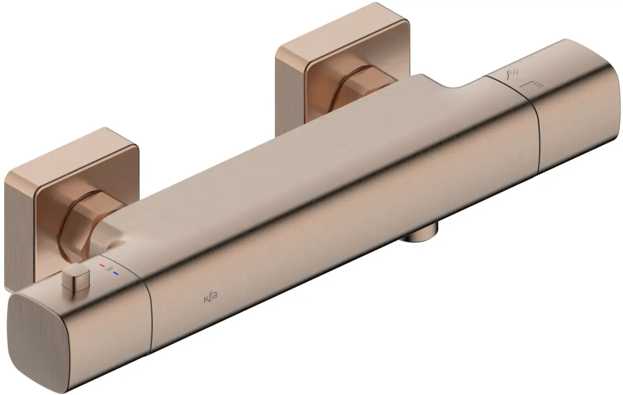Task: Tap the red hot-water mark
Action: [102, 266]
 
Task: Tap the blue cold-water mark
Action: [115, 272]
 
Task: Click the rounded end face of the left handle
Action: [40, 338]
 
